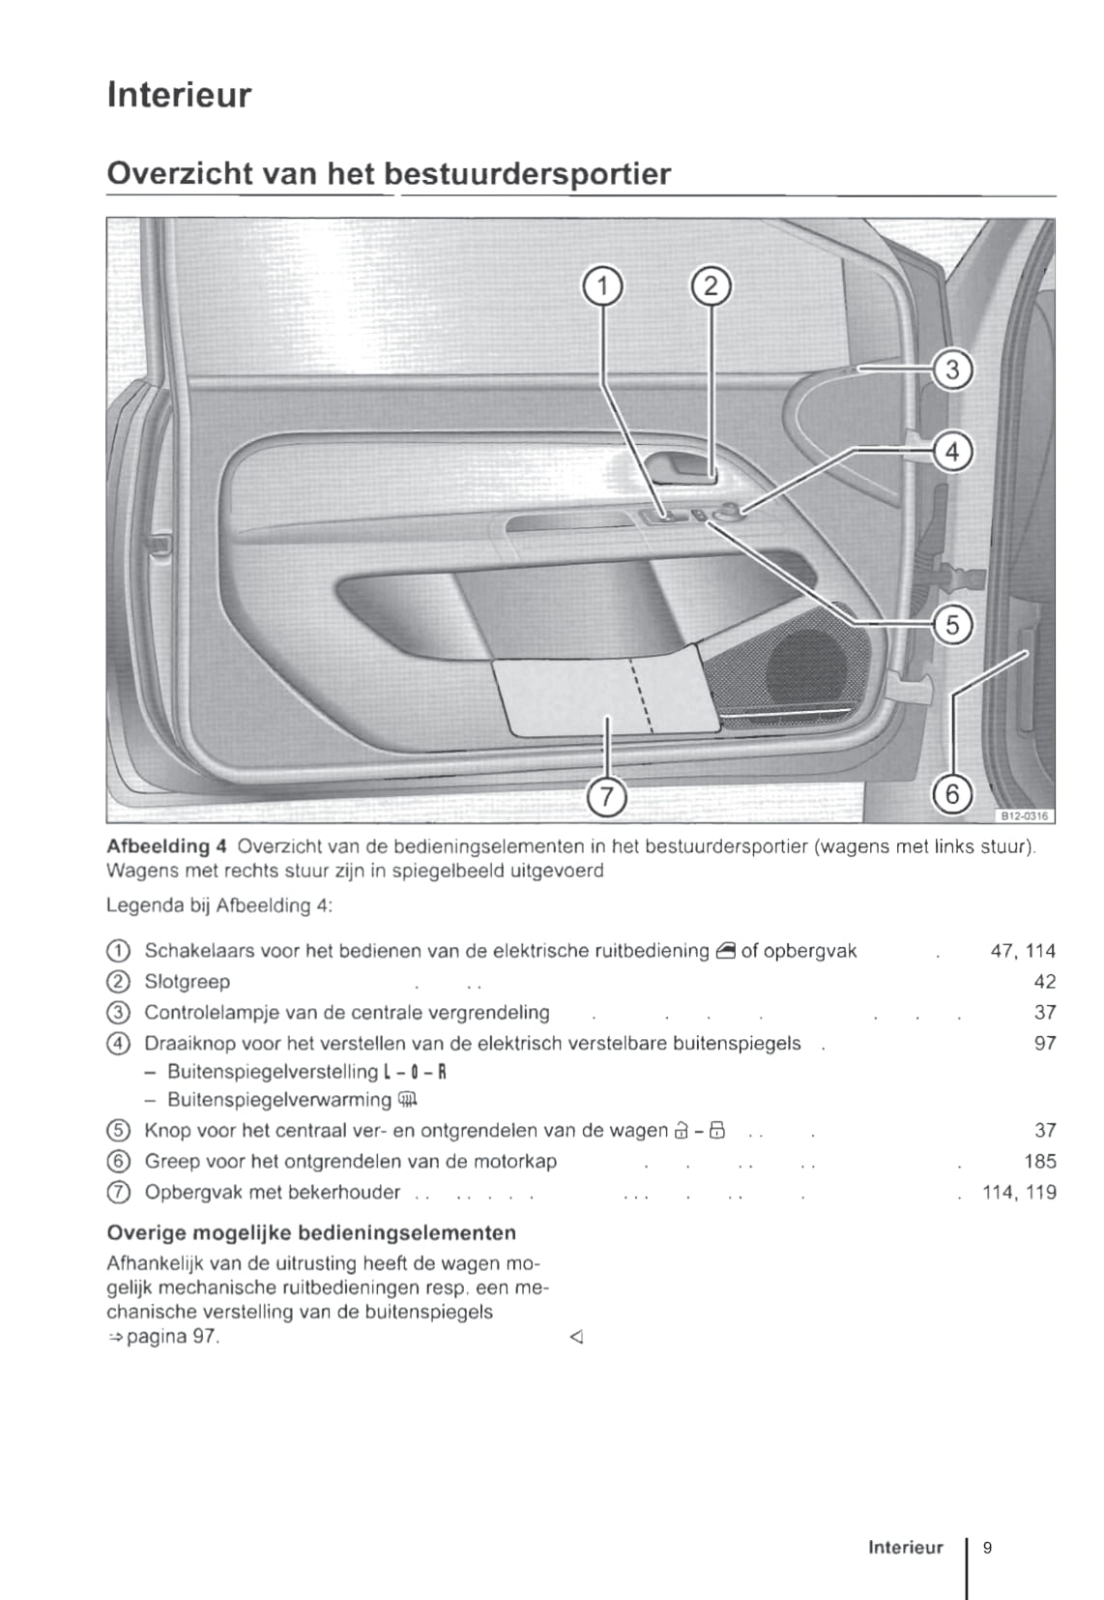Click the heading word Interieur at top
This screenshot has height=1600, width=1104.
pyautogui.click(x=179, y=95)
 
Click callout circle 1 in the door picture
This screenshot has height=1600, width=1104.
pyautogui.click(x=602, y=286)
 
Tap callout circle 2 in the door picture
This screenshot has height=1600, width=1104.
pyautogui.click(x=711, y=286)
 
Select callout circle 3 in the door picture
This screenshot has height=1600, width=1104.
pyautogui.click(x=952, y=370)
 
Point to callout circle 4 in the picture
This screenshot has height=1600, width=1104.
pyautogui.click(x=952, y=452)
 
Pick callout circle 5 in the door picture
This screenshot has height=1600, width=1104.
pyautogui.click(x=952, y=625)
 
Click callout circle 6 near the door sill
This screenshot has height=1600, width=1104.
pyautogui.click(x=952, y=794)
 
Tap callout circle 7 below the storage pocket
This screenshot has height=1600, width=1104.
pyautogui.click(x=606, y=796)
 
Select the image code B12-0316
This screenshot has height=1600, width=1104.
pyautogui.click(x=1023, y=815)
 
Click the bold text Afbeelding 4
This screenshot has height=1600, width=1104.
pyautogui.click(x=165, y=846)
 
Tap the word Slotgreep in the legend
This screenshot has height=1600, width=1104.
pyautogui.click(x=187, y=982)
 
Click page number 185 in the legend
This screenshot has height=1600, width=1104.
pyautogui.click(x=1039, y=1161)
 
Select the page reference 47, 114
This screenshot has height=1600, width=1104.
pyautogui.click(x=1023, y=951)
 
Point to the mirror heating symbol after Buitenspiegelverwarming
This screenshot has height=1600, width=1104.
pyautogui.click(x=407, y=1100)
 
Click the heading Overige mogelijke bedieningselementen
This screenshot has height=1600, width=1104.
pyautogui.click(x=311, y=1232)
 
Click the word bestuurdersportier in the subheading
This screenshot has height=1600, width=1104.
pyautogui.click(x=526, y=174)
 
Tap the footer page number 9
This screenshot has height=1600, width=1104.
pyautogui.click(x=987, y=1547)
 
